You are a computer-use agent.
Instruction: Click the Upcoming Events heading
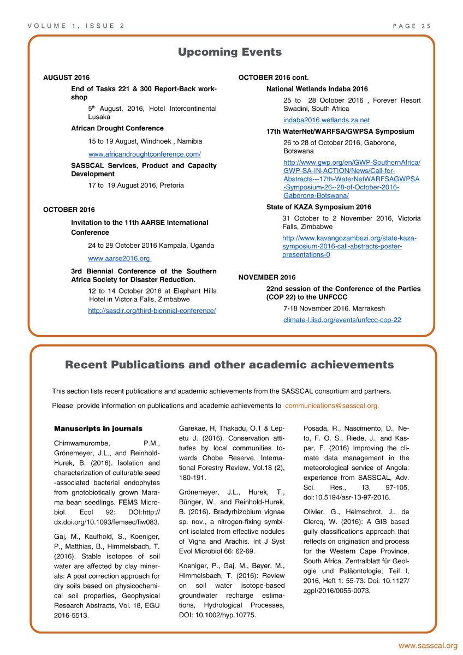pyautogui.click(x=230, y=52)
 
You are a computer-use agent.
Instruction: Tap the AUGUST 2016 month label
pyautogui.click(x=66, y=78)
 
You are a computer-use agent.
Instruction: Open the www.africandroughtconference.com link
pyautogui.click(x=144, y=154)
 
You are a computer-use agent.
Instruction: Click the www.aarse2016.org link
pyautogui.click(x=119, y=258)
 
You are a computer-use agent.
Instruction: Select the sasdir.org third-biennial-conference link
pyautogui.click(x=152, y=311)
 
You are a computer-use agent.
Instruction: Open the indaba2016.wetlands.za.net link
pyautogui.click(x=326, y=120)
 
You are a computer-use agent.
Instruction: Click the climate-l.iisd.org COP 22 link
pyautogui.click(x=342, y=320)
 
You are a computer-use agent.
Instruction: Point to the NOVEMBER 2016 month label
pyautogui.click(x=267, y=277)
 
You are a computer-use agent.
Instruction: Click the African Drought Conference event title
pyautogui.click(x=117, y=128)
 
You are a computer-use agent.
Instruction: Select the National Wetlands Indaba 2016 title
pyautogui.click(x=317, y=89)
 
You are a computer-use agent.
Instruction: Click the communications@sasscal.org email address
pyautogui.click(x=331, y=406)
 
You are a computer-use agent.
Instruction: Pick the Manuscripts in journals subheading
pyautogui.click(x=98, y=428)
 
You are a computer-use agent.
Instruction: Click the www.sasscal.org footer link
pyautogui.click(x=428, y=646)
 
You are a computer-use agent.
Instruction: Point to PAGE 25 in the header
pyautogui.click(x=412, y=26)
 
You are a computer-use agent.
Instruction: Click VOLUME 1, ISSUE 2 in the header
pyautogui.click(x=76, y=26)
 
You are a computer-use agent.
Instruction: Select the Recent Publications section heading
pyautogui.click(x=229, y=365)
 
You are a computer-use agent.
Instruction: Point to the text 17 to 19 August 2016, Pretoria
pyautogui.click(x=136, y=186)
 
